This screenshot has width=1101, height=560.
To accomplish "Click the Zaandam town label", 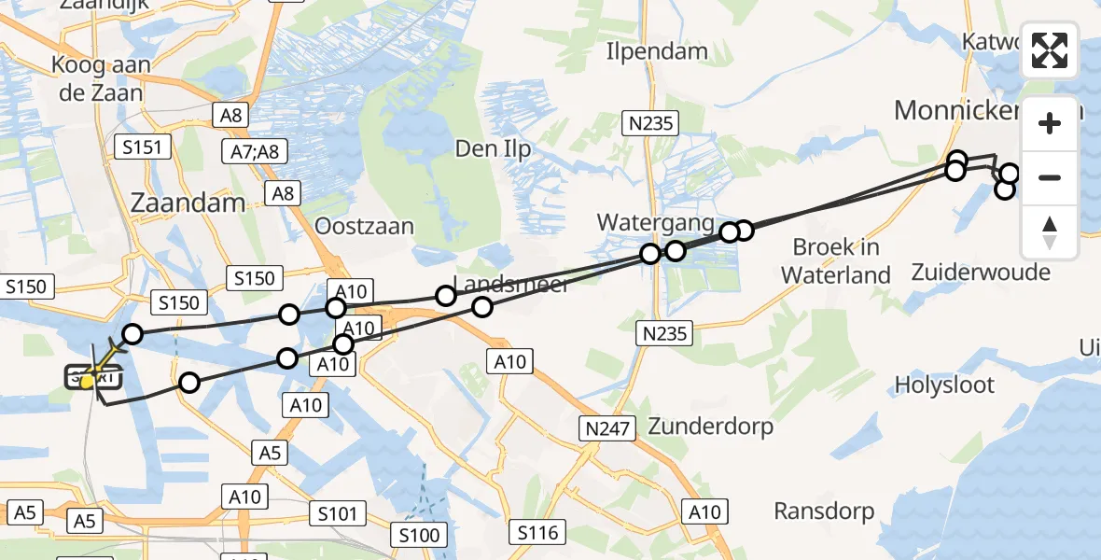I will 189,203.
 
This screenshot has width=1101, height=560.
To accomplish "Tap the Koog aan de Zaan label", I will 98,80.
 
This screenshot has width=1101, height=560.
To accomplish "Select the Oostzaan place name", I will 364,227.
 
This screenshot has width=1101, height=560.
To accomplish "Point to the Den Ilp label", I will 493,147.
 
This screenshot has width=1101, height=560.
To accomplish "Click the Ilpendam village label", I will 657,50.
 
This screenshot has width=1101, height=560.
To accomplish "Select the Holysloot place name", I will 944,385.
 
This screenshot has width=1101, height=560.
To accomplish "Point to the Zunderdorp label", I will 709,427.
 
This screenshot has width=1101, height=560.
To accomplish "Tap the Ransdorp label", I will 824,511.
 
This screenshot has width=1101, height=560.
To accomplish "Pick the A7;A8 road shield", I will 256,151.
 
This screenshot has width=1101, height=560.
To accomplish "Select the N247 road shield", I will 607,428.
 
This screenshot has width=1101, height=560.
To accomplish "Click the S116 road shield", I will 537,533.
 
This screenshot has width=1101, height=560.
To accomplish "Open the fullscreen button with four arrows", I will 1050,50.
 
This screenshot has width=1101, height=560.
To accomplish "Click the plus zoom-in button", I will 1050,124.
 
